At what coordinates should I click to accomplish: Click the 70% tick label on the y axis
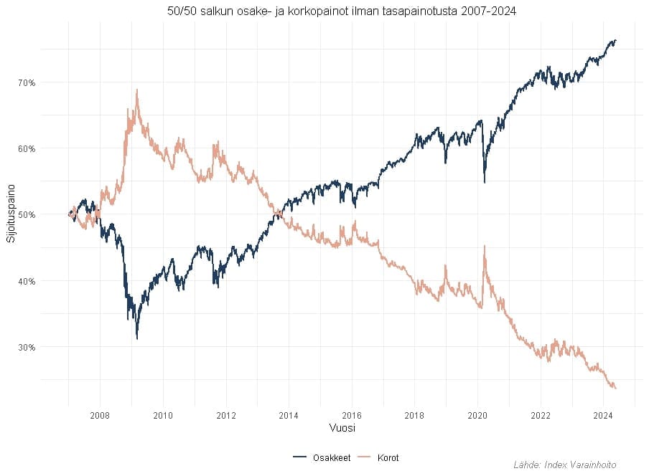(x=27, y=82)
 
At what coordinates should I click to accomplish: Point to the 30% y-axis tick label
(x=27, y=347)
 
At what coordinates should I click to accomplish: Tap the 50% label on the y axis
(x=27, y=214)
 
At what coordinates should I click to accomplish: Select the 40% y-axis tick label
(x=27, y=281)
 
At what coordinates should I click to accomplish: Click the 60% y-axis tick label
(x=27, y=148)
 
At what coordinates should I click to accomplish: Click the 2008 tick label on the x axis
(x=100, y=415)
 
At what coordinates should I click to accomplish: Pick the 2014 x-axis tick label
(x=289, y=415)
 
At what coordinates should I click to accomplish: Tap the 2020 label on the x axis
(x=477, y=415)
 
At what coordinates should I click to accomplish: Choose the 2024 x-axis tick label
(x=603, y=415)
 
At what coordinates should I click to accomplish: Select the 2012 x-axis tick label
(x=225, y=415)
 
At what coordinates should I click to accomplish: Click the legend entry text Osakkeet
(x=332, y=458)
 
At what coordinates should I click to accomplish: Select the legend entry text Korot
(x=388, y=458)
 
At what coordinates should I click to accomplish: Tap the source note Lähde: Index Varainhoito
(x=565, y=465)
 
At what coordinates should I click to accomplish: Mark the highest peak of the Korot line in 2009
(x=136, y=90)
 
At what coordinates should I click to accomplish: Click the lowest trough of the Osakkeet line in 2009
(x=136, y=338)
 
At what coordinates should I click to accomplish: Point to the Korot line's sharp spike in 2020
(x=485, y=247)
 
